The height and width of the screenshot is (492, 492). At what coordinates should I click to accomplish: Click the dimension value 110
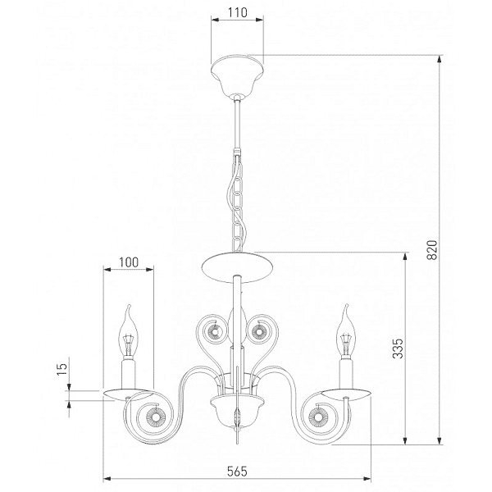[x=238, y=12]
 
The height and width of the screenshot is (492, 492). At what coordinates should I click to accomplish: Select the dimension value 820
[x=432, y=249]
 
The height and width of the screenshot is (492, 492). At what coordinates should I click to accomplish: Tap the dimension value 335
[x=399, y=348]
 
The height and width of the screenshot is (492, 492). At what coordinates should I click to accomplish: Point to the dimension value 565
[x=237, y=471]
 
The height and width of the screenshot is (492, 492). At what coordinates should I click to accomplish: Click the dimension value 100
[x=129, y=262]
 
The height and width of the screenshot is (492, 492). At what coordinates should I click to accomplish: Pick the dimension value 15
[x=62, y=369]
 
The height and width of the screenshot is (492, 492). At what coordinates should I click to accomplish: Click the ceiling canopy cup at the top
[x=238, y=75]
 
